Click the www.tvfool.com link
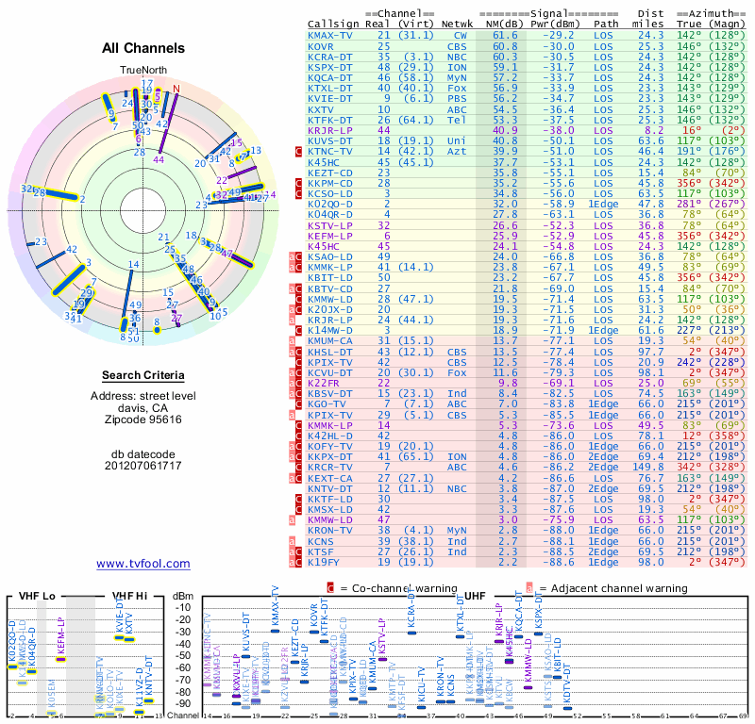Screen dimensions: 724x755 coord(143,564)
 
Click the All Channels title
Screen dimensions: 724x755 coord(143,48)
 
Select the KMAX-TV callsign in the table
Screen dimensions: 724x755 coord(330,35)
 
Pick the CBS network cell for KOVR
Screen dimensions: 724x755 coord(457,45)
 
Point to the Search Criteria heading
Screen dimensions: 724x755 coord(143,376)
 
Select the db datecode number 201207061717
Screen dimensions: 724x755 coord(143,466)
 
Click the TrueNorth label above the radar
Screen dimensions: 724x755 coord(143,71)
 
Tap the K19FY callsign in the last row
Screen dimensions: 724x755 coord(326,562)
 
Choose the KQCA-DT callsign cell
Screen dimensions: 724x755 coord(330,76)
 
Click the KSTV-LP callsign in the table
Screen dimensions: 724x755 coord(330,225)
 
